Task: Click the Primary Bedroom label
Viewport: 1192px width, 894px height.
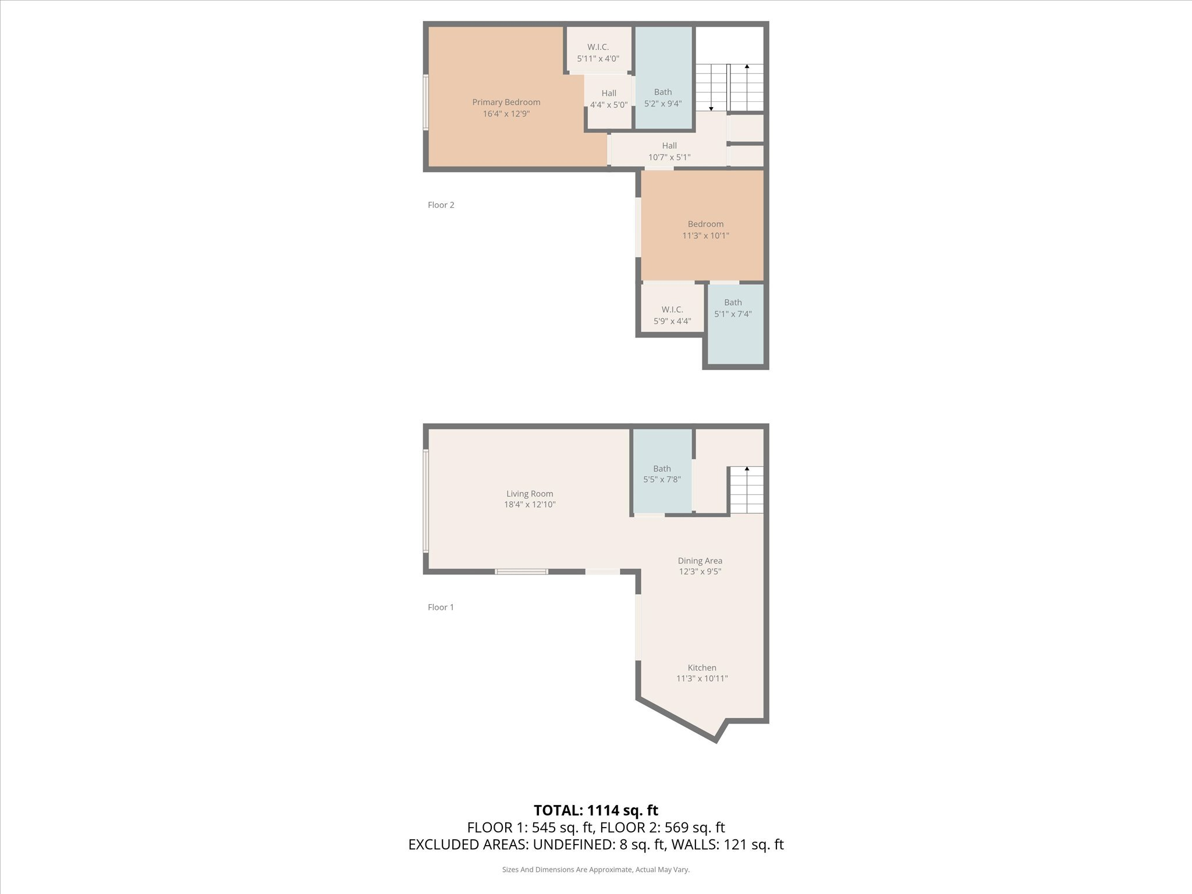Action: click(x=506, y=102)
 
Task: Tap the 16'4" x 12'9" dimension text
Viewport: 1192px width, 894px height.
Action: click(x=506, y=114)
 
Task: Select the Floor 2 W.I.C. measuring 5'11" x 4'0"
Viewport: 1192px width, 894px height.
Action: click(x=598, y=52)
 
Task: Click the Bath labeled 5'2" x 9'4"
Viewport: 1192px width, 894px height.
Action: click(x=662, y=98)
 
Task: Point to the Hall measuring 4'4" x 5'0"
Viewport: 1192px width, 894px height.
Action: click(x=609, y=99)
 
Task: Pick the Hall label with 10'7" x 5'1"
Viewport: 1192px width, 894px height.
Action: click(x=669, y=151)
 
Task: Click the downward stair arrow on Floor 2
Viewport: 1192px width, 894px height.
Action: click(x=711, y=108)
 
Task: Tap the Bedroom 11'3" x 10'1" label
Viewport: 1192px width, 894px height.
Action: click(x=705, y=230)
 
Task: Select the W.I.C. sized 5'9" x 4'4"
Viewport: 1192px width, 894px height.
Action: click(x=672, y=315)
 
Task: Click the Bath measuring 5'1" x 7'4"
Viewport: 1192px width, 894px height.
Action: click(x=733, y=308)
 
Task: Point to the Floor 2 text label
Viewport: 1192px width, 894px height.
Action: click(x=441, y=205)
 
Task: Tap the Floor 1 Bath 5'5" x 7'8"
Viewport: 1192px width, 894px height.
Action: click(x=662, y=474)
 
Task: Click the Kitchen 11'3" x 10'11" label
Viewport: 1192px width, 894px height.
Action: click(x=702, y=673)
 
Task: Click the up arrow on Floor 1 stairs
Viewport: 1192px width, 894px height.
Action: click(x=747, y=469)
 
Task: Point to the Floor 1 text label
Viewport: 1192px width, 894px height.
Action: click(x=441, y=607)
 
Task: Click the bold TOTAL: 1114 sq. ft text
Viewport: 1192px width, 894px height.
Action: click(x=595, y=810)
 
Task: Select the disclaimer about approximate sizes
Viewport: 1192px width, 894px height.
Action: click(x=595, y=870)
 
